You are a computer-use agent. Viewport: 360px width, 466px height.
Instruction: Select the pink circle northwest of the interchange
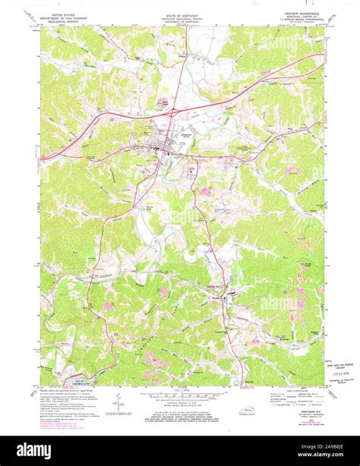tap(163, 99)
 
